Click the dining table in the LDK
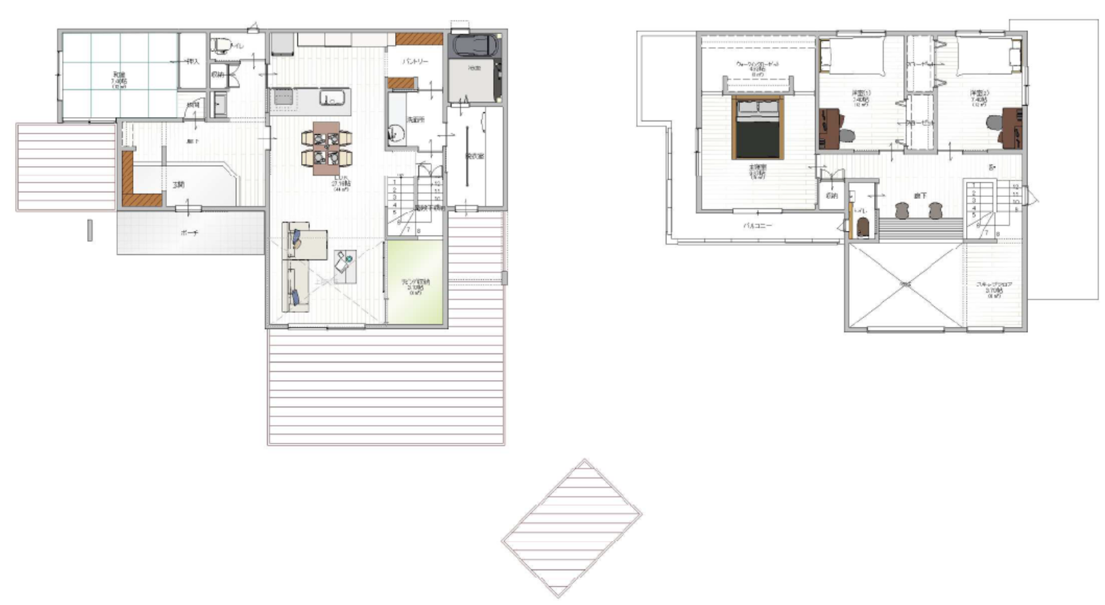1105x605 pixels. point(328,148)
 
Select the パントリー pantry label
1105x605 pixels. point(415,61)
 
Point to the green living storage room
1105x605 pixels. point(415,283)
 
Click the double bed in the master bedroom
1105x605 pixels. point(758,127)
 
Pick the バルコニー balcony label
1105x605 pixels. point(758,225)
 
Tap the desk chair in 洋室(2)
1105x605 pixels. point(994,123)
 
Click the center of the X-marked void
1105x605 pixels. point(905,285)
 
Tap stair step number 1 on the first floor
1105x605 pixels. point(394,182)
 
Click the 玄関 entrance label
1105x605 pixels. point(178,185)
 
